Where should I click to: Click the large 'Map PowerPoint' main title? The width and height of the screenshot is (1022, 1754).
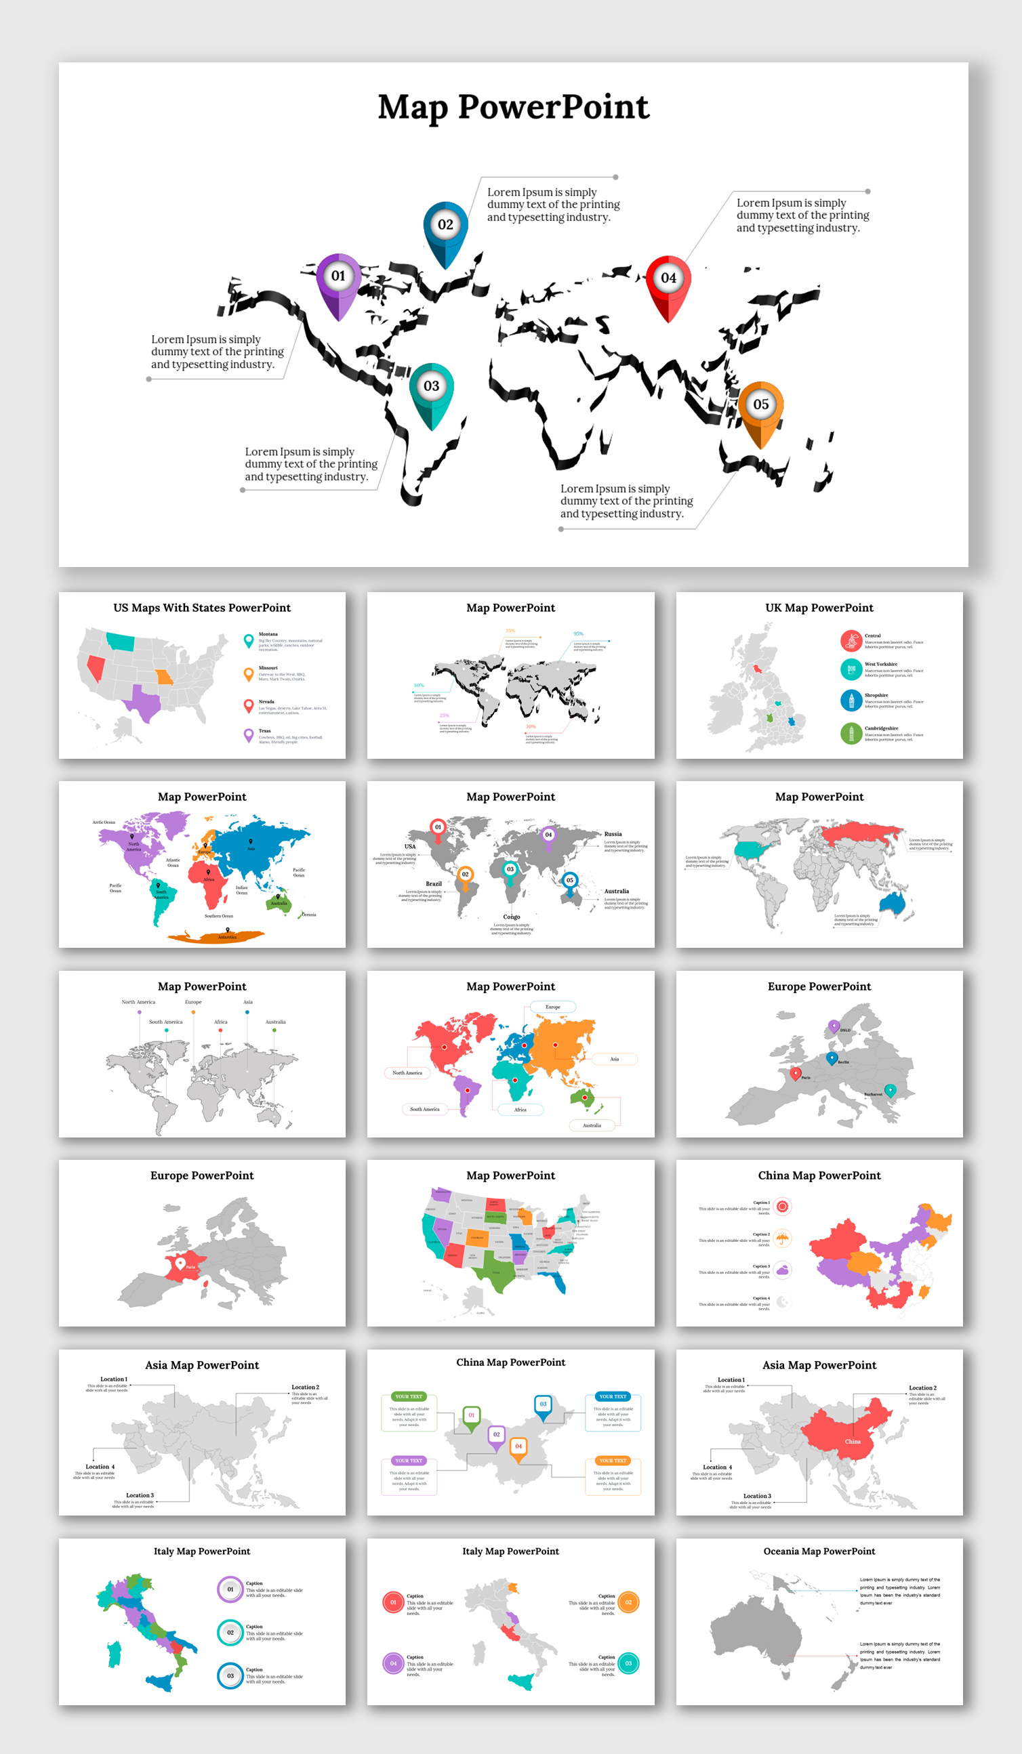(513, 107)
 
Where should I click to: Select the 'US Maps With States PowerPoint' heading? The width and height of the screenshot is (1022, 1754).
(202, 608)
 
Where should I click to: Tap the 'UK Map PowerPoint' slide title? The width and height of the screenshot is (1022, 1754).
(819, 608)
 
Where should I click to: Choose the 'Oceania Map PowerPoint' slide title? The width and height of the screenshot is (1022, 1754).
(819, 1551)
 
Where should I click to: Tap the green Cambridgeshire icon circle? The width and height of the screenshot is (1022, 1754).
(851, 734)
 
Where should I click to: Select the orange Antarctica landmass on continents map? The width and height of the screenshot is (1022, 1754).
(216, 937)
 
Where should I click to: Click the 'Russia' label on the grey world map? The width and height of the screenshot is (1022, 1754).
(613, 834)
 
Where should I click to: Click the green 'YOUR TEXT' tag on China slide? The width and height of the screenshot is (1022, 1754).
(409, 1396)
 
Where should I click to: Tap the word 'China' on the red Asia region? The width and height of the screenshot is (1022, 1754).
(852, 1442)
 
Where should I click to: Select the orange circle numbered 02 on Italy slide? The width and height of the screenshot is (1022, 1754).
(628, 1602)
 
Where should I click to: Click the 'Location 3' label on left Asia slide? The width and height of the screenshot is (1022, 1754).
(140, 1495)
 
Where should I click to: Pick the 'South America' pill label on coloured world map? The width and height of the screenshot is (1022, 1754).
(425, 1109)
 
